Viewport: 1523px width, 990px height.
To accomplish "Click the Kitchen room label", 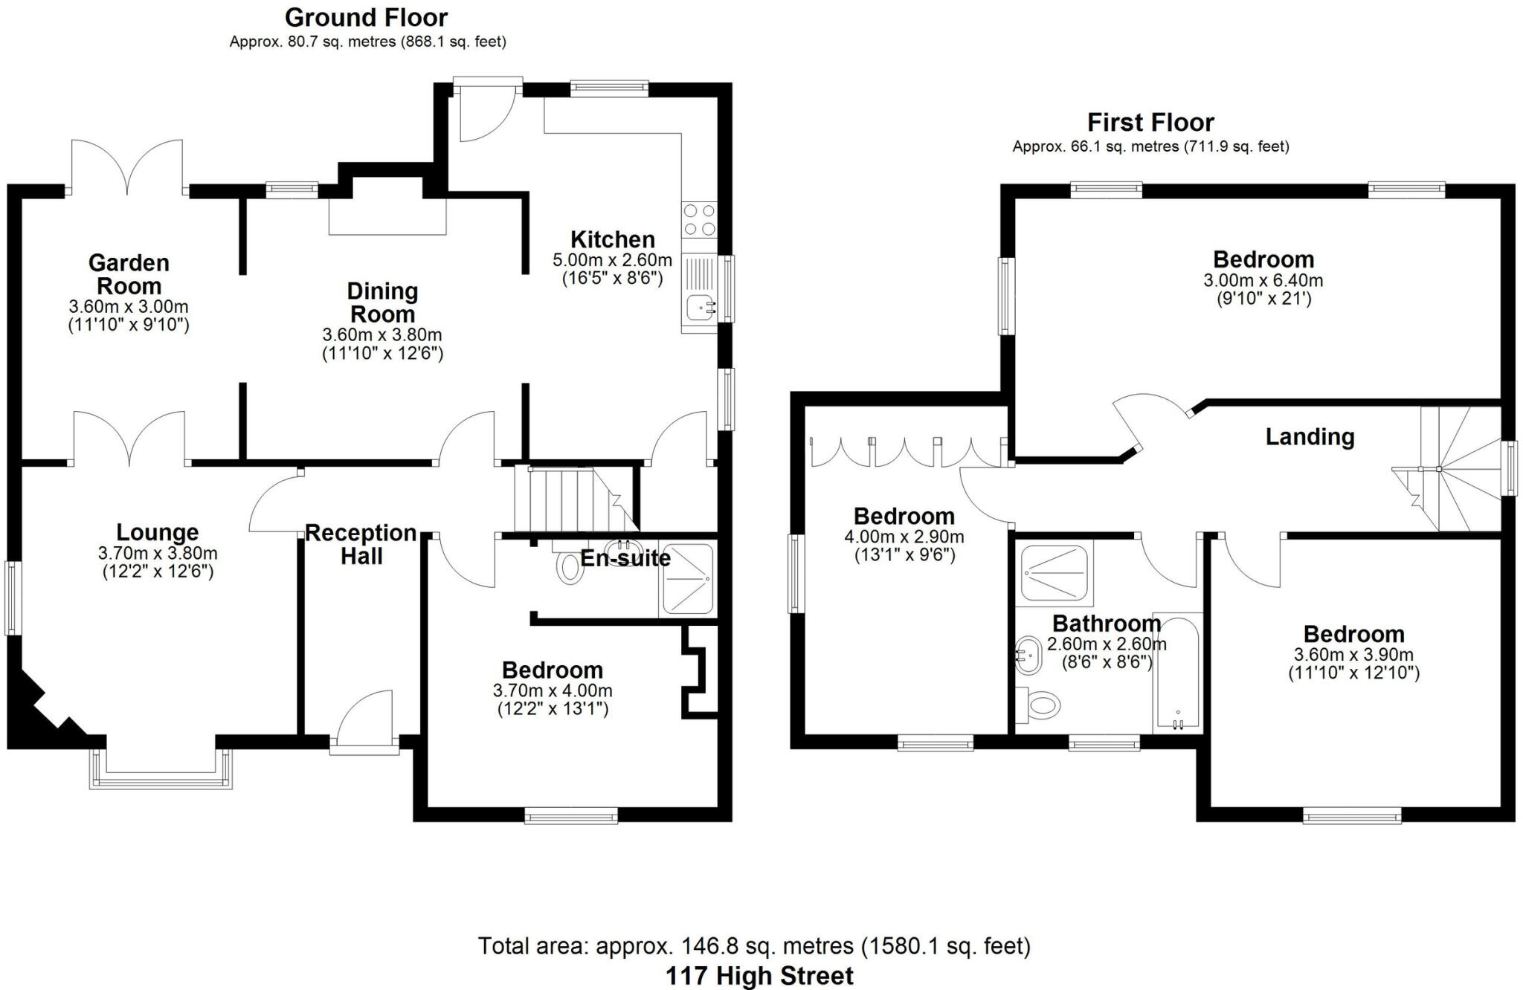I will (x=613, y=239).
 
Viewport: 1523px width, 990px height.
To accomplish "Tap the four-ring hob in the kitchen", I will (x=698, y=219).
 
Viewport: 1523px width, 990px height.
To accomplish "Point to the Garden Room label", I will (x=129, y=274).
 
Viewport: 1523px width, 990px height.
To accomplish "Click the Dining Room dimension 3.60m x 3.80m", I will (x=382, y=335).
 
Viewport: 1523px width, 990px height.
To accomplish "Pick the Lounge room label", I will (x=158, y=532).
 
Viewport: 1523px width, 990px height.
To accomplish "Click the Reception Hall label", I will (x=361, y=544).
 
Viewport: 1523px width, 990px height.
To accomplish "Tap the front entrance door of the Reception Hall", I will (x=364, y=721).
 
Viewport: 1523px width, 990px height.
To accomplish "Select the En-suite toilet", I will (x=569, y=566).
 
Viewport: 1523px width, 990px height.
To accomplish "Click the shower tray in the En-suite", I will (x=686, y=580).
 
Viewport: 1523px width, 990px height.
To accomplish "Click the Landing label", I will (x=1310, y=437).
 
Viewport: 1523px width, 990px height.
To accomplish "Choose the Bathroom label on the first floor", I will (x=1107, y=623).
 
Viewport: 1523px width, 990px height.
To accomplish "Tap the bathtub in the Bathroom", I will (x=1176, y=672).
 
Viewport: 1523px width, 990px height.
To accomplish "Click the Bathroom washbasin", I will (x=1029, y=655).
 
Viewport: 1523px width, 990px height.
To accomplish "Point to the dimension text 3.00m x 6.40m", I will (x=1263, y=281).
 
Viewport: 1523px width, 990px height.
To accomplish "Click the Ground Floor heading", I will (x=367, y=17).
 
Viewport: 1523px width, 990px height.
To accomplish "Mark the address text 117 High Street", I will (x=759, y=976).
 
